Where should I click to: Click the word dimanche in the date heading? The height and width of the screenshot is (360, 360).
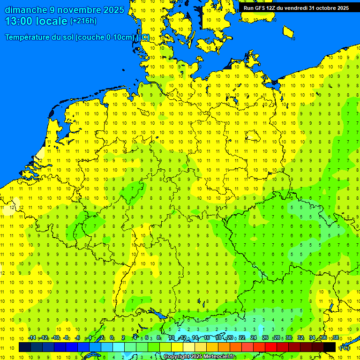[25, 10]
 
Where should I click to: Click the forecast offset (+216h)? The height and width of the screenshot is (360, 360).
[83, 21]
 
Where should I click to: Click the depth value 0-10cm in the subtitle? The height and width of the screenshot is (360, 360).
[118, 37]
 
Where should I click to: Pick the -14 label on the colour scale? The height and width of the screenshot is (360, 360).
[32, 337]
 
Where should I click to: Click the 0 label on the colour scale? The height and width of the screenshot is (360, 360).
[112, 337]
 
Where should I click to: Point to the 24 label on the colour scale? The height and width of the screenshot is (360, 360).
[254, 337]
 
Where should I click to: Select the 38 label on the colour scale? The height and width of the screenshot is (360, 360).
[336, 337]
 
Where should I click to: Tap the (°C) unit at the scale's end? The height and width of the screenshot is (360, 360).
[344, 347]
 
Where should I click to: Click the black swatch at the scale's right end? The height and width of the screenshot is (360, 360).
[330, 347]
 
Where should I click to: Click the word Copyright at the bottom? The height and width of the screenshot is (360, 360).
[176, 357]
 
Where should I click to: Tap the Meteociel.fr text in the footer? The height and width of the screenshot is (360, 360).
[219, 357]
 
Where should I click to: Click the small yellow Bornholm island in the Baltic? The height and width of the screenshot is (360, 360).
[289, 32]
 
